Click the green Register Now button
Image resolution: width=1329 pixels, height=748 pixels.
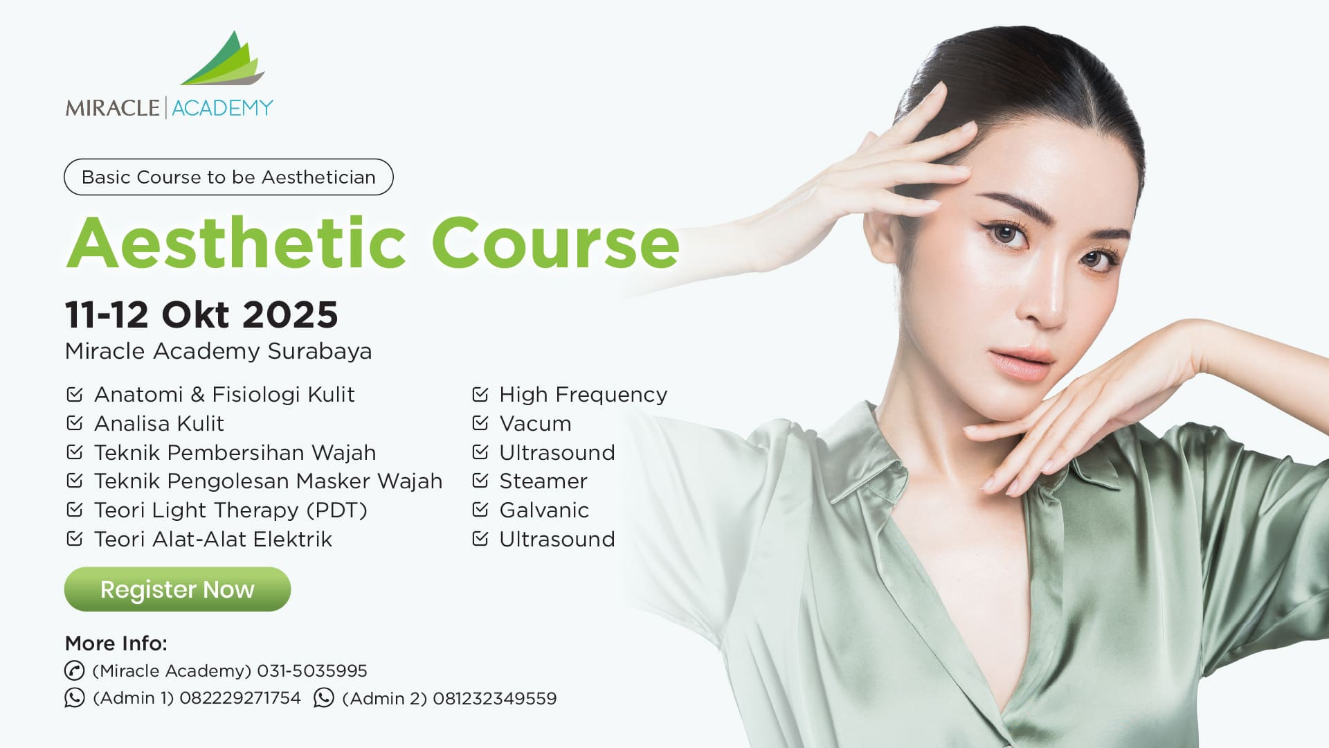click(177, 589)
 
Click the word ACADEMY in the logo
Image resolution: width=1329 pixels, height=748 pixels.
click(222, 108)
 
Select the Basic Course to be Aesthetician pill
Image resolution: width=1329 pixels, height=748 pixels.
click(228, 177)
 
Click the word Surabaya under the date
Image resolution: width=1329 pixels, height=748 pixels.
click(320, 351)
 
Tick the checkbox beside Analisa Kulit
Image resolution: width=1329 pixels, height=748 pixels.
click(74, 422)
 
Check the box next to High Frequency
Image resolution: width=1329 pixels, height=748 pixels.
click(480, 393)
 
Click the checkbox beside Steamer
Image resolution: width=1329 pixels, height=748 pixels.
click(480, 480)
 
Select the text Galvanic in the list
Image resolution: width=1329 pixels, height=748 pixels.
click(544, 510)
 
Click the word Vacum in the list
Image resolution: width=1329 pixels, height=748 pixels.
click(535, 423)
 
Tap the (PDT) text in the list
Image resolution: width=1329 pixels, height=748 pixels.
click(341, 510)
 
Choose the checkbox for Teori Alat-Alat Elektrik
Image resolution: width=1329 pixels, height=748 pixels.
click(74, 538)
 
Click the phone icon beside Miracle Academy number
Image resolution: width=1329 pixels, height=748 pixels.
click(74, 670)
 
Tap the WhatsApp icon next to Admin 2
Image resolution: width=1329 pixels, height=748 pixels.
click(323, 697)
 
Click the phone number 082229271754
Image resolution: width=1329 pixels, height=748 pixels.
click(240, 697)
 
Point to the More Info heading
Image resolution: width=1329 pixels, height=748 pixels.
click(116, 643)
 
